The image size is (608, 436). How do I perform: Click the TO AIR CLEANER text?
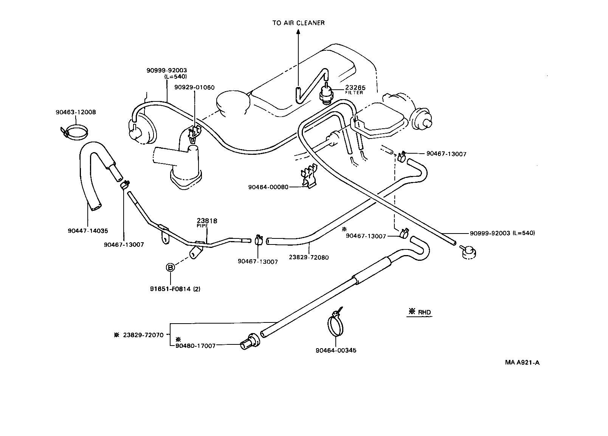pyautogui.click(x=298, y=23)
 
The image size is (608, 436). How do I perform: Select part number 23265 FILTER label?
pyautogui.click(x=355, y=89)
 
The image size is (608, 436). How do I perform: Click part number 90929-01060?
pyautogui.click(x=194, y=87)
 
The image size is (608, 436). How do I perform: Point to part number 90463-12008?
pyautogui.click(x=76, y=112)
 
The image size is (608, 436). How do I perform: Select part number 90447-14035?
pyautogui.click(x=88, y=230)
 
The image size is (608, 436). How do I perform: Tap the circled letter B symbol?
pyautogui.click(x=171, y=268)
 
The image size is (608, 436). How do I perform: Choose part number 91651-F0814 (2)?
pyautogui.click(x=175, y=289)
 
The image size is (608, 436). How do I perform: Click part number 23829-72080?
pyautogui.click(x=309, y=257)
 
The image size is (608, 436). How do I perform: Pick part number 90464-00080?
pyautogui.click(x=268, y=187)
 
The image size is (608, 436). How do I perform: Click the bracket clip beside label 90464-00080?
pyautogui.click(x=308, y=176)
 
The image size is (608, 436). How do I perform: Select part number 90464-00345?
pyautogui.click(x=336, y=350)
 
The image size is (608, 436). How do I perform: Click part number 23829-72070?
pyautogui.click(x=143, y=335)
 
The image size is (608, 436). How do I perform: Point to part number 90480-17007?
pyautogui.click(x=195, y=346)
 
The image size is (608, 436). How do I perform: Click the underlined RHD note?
pyautogui.click(x=420, y=312)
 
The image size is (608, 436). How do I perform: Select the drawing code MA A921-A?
pyautogui.click(x=522, y=362)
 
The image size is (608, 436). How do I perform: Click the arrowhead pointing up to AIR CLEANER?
pyautogui.click(x=298, y=33)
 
